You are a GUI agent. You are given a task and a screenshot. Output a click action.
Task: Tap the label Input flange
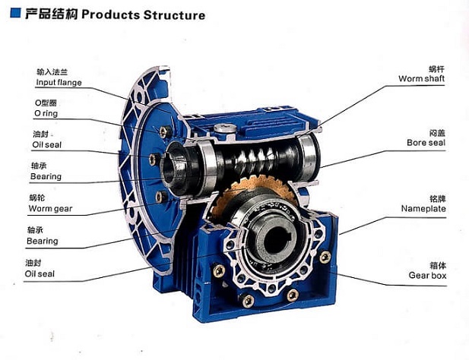59,82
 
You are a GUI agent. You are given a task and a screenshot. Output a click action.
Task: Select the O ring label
46,113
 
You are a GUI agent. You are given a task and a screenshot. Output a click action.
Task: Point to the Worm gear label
50,208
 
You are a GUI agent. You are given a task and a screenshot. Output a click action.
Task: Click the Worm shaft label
422,79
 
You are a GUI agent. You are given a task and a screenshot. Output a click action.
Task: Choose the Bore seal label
426,142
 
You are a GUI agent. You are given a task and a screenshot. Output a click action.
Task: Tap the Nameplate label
423,208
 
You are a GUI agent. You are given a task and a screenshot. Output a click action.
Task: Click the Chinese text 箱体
436,264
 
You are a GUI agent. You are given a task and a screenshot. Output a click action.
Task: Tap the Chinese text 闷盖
436,131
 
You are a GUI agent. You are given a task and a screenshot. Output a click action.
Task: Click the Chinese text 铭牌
436,197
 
